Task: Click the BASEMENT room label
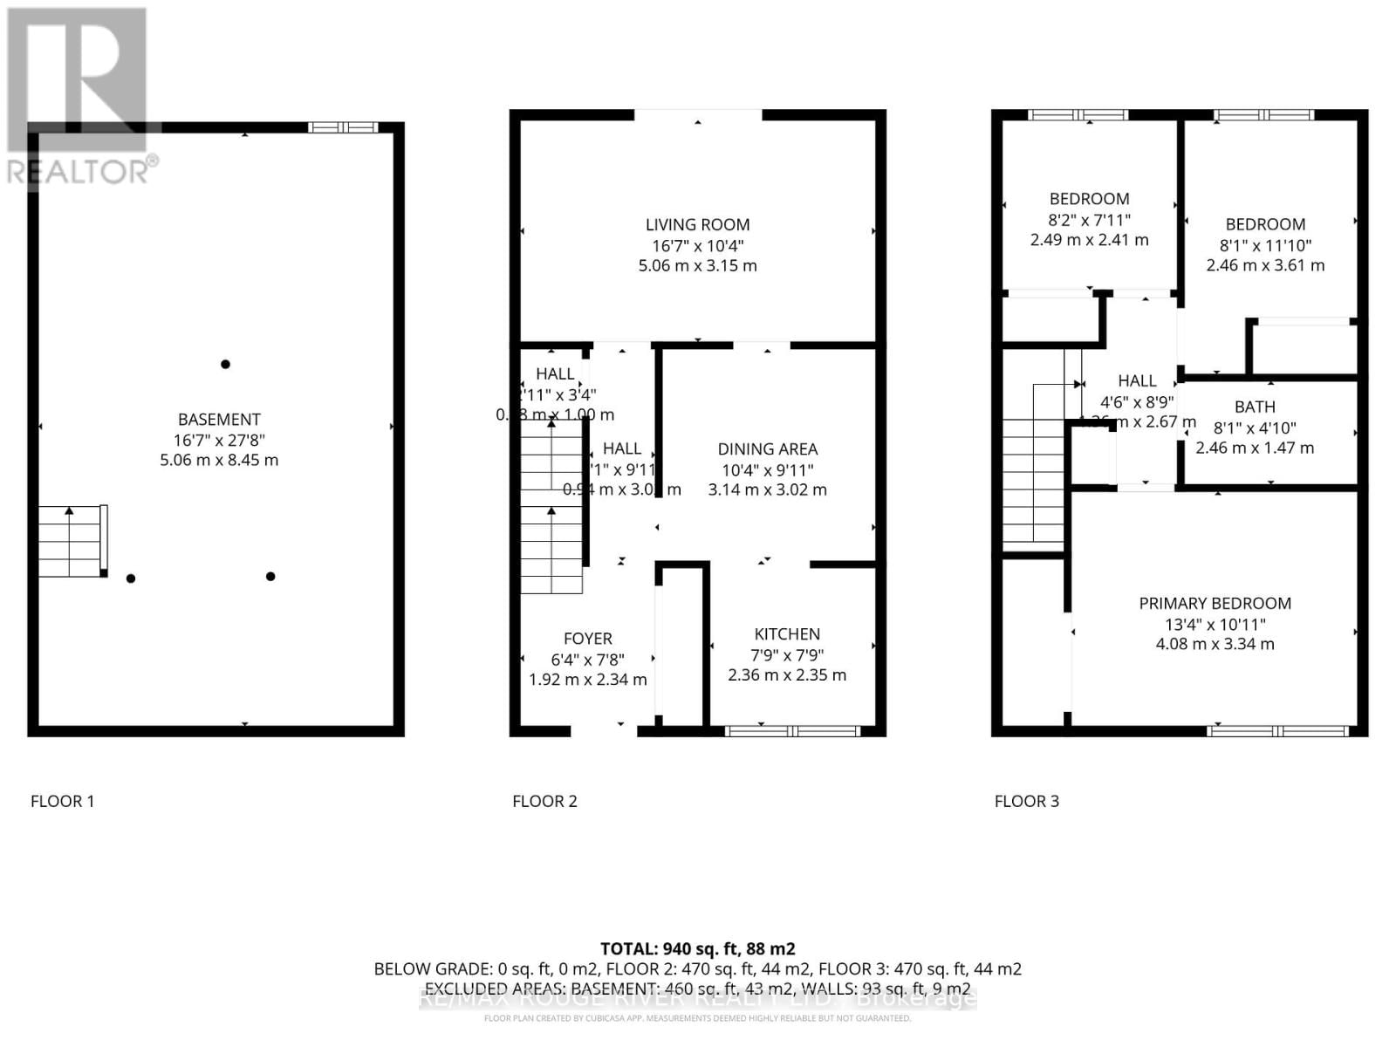click(x=219, y=420)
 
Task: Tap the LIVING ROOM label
click(x=697, y=225)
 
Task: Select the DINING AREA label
click(x=767, y=449)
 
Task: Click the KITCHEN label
click(x=787, y=634)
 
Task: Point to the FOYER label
click(x=587, y=639)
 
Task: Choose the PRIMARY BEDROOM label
click(x=1215, y=604)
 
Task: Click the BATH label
click(x=1255, y=407)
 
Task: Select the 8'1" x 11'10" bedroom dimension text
click(x=1265, y=245)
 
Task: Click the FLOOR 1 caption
click(x=62, y=801)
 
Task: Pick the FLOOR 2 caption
click(x=544, y=801)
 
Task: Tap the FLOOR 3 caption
click(x=1026, y=801)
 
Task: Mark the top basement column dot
click(x=225, y=364)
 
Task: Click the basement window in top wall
click(x=343, y=127)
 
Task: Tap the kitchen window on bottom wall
click(x=793, y=731)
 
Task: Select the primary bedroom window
click(x=1276, y=731)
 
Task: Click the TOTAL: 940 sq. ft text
click(x=697, y=948)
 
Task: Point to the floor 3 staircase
click(x=1033, y=480)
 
